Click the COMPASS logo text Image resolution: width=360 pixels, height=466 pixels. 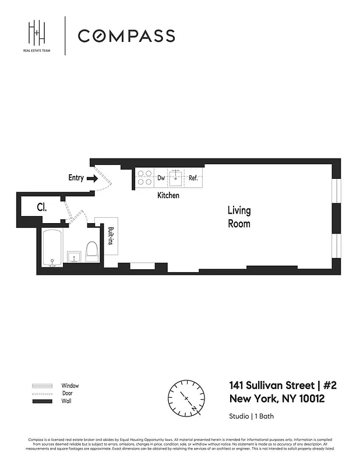(x=126, y=36)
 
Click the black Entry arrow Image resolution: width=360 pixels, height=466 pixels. (x=92, y=178)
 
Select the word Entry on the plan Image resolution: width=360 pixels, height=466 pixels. (x=76, y=178)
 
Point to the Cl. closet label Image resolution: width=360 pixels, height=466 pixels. (x=42, y=207)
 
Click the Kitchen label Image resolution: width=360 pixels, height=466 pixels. (x=168, y=196)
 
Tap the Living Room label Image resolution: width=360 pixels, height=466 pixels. (x=239, y=216)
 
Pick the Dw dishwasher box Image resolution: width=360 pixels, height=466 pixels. (x=161, y=178)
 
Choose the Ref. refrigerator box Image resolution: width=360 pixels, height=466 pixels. (x=193, y=178)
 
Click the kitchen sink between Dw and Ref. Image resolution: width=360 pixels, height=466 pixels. (x=177, y=178)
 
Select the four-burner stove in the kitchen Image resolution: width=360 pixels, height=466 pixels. (x=144, y=178)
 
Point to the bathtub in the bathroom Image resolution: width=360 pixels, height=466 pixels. (x=52, y=248)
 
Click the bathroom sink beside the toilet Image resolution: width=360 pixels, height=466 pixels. (x=74, y=256)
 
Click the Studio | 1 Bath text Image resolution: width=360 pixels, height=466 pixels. (x=252, y=416)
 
